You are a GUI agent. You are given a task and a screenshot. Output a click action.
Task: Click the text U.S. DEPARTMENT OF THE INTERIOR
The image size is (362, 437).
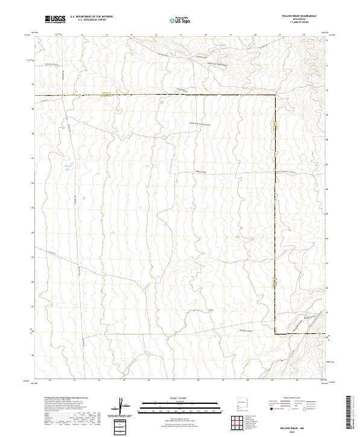click(x=92, y=17)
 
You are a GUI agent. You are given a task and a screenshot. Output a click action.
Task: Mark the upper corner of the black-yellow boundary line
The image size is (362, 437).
click(x=276, y=96)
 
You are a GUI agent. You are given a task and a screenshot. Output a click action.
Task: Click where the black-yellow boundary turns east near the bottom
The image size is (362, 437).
click(x=276, y=333)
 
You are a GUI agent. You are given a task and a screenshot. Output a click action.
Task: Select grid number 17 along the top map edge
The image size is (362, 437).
click(x=156, y=35)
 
